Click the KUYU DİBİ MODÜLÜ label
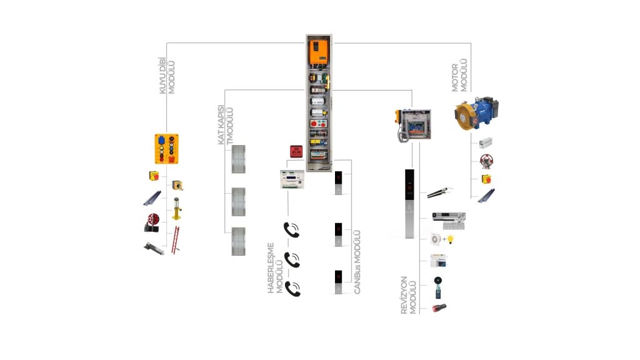tap(167, 76)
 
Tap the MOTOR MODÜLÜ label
tap(459, 76)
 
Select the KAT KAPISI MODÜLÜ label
tap(225, 125)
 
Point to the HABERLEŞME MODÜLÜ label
tap(275, 268)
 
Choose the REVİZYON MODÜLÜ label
tap(409, 295)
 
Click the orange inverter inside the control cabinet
tap(319, 52)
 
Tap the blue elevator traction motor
tap(477, 112)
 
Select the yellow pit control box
tap(166, 149)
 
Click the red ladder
tap(176, 241)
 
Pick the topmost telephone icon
tap(291, 230)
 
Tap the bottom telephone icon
tap(292, 289)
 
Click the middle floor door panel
tap(239, 202)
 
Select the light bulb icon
tap(451, 239)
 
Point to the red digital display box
tap(296, 151)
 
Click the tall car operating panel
tap(409, 204)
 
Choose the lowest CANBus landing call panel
tap(338, 282)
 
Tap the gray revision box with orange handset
tap(414, 125)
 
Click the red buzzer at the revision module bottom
tap(439, 307)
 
